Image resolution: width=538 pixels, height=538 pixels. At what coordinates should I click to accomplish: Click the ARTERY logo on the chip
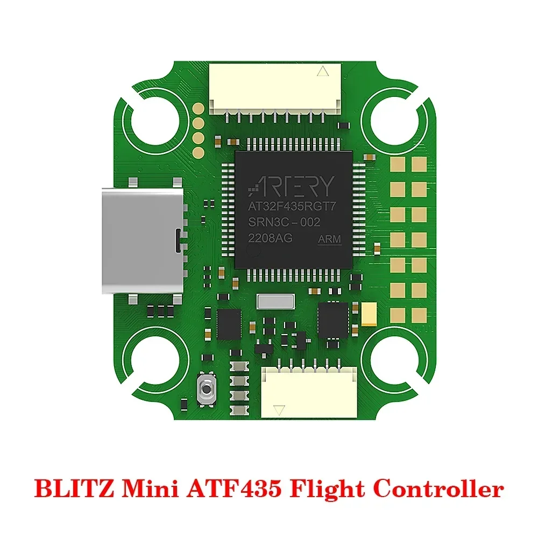291,186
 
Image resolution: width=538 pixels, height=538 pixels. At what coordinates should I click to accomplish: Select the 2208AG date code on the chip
270,238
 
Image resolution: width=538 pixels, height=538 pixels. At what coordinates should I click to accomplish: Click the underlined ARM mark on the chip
330,239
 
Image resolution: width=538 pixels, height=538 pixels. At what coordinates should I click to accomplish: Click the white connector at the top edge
275,86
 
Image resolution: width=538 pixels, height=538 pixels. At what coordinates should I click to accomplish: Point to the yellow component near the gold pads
369,314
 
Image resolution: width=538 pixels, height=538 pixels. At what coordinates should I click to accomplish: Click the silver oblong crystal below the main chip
276,302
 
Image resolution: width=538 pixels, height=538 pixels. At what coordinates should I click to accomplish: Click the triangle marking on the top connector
323,71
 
